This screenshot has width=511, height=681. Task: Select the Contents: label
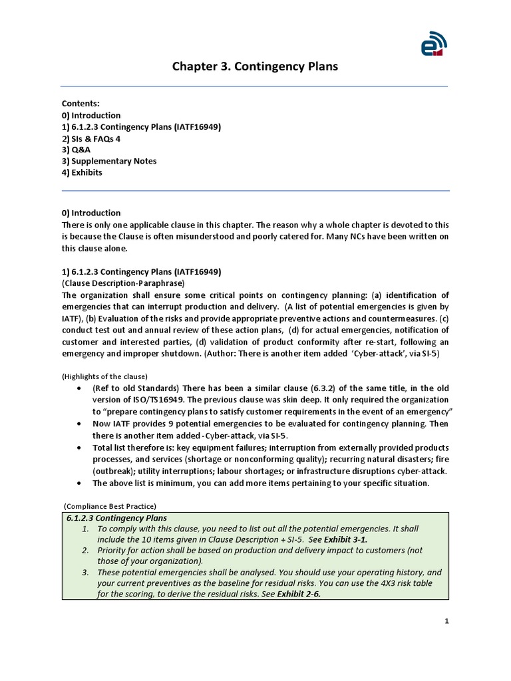tap(81, 104)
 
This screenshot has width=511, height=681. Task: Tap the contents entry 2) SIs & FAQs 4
tap(91, 138)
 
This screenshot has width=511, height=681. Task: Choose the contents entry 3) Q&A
tap(76, 150)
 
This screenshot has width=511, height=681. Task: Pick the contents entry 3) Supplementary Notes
tap(109, 161)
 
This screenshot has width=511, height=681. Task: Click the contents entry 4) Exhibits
tap(83, 172)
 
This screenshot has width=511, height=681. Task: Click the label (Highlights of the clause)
tap(104, 376)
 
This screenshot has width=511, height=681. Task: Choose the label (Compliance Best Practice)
tap(110, 505)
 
